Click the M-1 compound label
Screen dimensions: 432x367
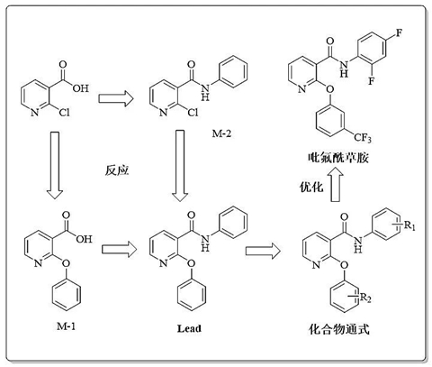pos(67,326)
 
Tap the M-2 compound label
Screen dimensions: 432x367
pos(221,133)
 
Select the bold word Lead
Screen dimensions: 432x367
pos(189,328)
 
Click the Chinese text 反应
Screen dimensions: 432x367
pos(117,170)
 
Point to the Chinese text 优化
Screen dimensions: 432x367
pos(311,187)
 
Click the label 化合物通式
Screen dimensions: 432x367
pos(339,329)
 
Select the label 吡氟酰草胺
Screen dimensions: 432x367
pos(338,157)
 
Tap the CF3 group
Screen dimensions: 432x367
pos(363,138)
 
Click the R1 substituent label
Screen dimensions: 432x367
pos(409,225)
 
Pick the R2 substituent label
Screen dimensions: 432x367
pos(365,298)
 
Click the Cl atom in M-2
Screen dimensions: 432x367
pos(193,112)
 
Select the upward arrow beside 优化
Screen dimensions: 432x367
pos(336,184)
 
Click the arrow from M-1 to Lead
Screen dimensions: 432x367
pos(119,249)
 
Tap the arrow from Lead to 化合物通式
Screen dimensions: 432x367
pos(263,251)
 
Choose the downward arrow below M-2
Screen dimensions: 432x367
pos(180,166)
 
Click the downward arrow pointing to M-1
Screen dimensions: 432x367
pos(55,165)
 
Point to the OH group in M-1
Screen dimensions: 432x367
pos(84,239)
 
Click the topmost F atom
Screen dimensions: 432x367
pos(399,32)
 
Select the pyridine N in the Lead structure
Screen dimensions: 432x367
pos(164,263)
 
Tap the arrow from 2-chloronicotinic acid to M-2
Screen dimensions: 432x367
pos(116,98)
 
